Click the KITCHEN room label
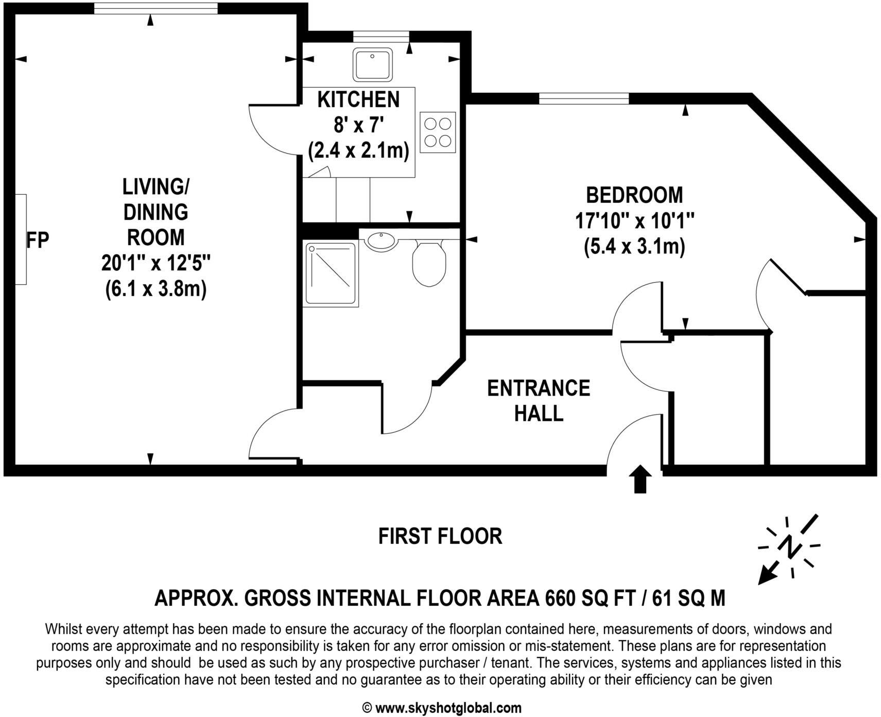click(x=358, y=99)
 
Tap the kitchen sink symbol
click(x=373, y=64)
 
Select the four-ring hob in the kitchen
click(x=438, y=132)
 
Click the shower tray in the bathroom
click(x=331, y=274)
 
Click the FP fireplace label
click(x=38, y=240)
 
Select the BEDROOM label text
click(x=634, y=195)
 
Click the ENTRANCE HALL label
click(x=539, y=401)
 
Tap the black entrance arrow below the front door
click(x=640, y=479)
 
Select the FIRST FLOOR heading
click(x=440, y=536)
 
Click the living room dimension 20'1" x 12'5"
click(x=156, y=263)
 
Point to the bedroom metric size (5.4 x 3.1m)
click(x=634, y=247)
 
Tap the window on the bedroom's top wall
click(x=583, y=98)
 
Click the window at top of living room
click(x=156, y=8)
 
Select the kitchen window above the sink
click(x=381, y=36)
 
